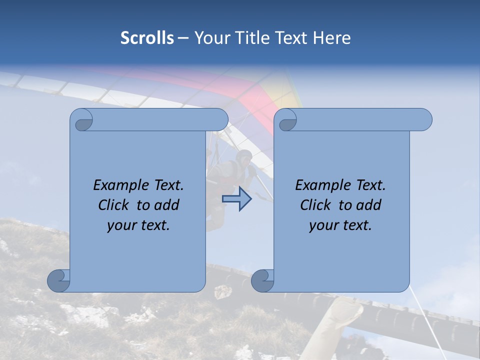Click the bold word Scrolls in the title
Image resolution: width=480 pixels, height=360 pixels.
point(147,38)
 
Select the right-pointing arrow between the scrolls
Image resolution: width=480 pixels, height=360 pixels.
point(236,199)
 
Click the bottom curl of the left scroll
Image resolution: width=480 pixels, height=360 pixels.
point(59,280)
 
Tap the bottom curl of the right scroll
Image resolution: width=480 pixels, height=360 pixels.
point(262,280)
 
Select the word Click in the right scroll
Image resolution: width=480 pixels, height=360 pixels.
point(316,205)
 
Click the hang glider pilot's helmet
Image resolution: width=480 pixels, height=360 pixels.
point(244,157)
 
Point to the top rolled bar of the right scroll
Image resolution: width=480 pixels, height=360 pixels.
point(360,119)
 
